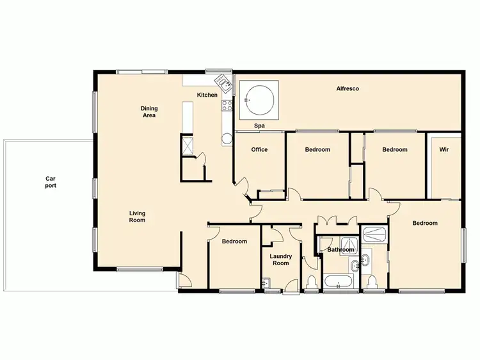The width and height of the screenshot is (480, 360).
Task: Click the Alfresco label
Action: (347, 88)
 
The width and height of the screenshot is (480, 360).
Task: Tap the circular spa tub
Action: (259, 99)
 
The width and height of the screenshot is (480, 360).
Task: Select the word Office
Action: (259, 150)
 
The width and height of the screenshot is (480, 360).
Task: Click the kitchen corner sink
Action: (223, 81)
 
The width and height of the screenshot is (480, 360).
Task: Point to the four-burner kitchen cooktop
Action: (226, 106)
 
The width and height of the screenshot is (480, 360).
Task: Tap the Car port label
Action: (51, 183)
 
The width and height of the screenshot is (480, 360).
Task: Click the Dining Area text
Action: (149, 112)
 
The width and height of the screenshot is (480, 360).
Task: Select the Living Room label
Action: (137, 217)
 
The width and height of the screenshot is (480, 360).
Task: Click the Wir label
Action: (444, 150)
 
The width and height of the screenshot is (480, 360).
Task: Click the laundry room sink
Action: (266, 282)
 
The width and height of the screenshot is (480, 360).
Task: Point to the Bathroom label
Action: (340, 250)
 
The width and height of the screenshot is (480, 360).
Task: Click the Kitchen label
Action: (207, 95)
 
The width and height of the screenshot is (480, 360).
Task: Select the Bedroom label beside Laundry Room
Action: (234, 241)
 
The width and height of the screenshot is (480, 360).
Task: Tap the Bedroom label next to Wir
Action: (395, 150)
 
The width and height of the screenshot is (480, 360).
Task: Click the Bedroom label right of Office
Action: (317, 150)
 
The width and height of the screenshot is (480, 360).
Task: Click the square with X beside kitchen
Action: (188, 144)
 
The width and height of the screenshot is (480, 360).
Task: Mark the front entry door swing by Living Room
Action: (184, 280)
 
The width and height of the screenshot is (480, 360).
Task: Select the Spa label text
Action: (260, 126)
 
